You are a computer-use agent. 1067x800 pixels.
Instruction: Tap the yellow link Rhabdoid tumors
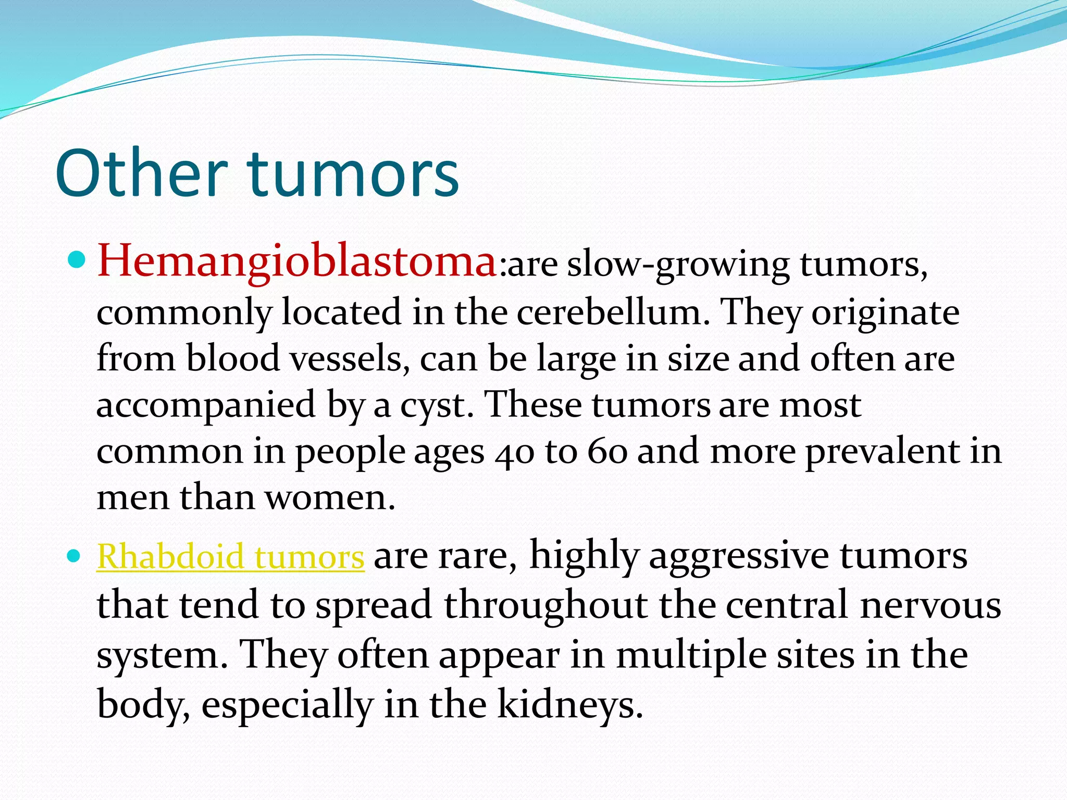[230, 556]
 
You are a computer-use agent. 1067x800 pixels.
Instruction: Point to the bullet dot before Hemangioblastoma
[77, 258]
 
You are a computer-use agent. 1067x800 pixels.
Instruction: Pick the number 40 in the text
[514, 452]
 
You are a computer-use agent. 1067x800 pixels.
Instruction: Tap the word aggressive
[739, 556]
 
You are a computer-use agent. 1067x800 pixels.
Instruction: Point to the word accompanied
[206, 405]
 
